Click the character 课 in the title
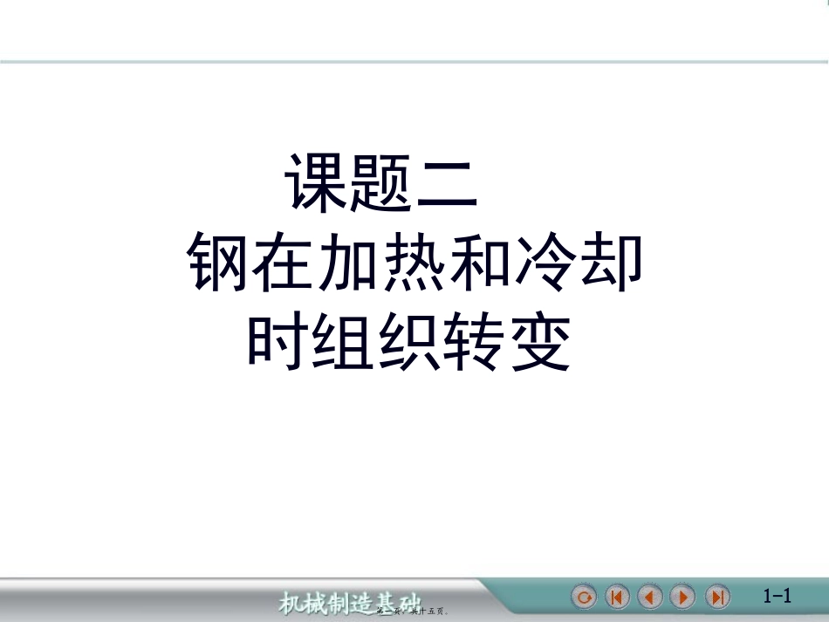318,185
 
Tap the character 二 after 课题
448,185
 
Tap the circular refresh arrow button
584,597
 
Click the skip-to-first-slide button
617,597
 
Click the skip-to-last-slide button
717,597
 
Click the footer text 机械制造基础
349,602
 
